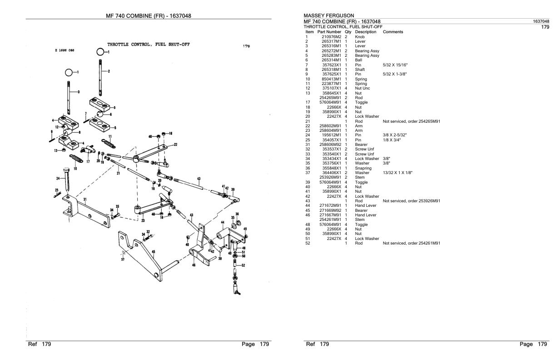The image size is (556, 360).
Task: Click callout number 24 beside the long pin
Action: coord(57,178)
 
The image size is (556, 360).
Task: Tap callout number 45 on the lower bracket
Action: coord(154,251)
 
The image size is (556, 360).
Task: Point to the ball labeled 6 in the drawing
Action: coord(99,114)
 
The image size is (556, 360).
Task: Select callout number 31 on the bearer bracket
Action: coord(84,199)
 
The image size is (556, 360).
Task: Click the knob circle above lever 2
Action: coord(100,52)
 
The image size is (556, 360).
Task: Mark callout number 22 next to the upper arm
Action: coord(176,144)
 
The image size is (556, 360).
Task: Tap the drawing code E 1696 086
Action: coord(65,51)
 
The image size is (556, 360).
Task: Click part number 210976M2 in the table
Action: coord(331,36)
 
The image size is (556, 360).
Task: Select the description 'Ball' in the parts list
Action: coord(358,60)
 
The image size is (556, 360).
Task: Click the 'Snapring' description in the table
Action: coord(363,168)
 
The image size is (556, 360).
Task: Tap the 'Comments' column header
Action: coord(393,32)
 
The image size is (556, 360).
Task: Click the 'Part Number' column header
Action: coord(329,32)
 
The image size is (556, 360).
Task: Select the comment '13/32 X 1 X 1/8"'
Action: coord(398,173)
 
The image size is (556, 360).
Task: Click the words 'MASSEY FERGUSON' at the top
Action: coord(328,16)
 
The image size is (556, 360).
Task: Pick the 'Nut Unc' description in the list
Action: coord(362,88)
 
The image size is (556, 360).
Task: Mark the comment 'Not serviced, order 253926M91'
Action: coord(412,201)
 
